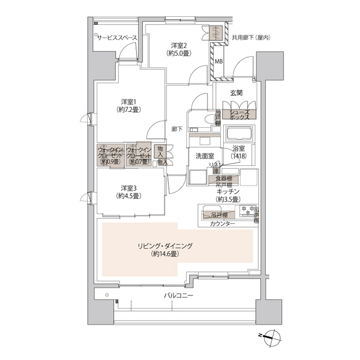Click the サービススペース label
117,37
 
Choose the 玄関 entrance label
236,93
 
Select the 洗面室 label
203,155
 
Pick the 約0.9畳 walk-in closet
110,155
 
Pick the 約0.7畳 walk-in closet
138,155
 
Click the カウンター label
223,224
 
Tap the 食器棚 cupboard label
223,179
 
